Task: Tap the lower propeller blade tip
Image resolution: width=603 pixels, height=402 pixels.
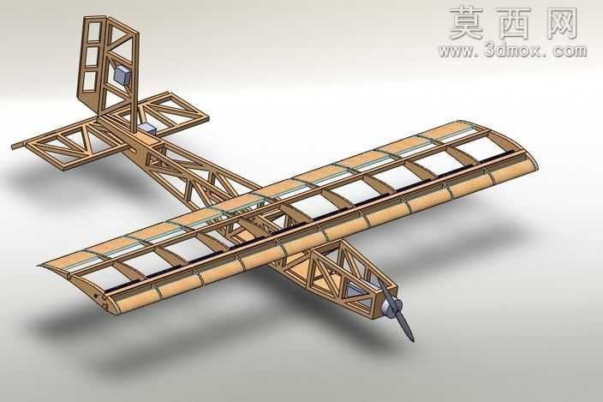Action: coord(411,339)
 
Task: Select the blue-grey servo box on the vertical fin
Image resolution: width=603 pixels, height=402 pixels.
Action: coord(123,75)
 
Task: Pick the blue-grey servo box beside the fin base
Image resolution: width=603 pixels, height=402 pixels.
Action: coord(147,129)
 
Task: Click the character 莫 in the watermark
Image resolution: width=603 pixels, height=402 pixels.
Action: coord(466,23)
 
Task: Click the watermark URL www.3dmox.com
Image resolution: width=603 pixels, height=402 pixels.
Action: coord(512,51)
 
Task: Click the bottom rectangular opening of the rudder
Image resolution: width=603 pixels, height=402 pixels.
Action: coord(89,81)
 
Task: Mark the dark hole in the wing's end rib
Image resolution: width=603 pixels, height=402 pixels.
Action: coord(97,296)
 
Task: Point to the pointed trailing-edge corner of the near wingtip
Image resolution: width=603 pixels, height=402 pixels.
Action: coord(39,266)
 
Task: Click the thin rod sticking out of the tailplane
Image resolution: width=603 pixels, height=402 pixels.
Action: coord(18,146)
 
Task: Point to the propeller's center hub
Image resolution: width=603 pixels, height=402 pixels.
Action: coord(392,309)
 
